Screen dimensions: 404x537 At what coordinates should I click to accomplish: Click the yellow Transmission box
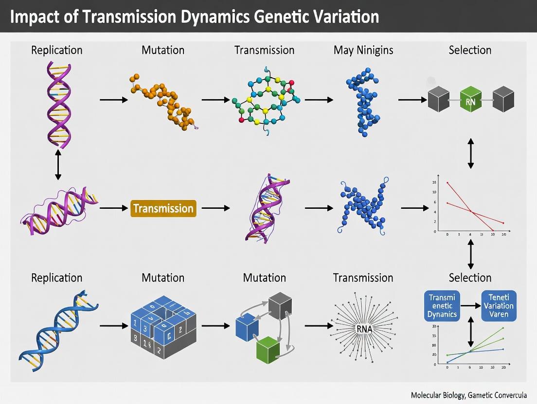(163, 209)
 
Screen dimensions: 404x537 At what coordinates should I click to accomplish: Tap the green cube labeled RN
(470, 101)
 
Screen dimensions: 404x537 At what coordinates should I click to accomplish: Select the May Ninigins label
(363, 50)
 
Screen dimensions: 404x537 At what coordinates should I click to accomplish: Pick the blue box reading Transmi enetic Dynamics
(443, 305)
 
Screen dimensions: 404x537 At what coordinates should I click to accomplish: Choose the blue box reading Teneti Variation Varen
(499, 305)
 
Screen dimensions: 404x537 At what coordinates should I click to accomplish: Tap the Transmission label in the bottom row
(363, 278)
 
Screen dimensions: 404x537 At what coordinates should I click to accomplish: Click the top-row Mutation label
(163, 50)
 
